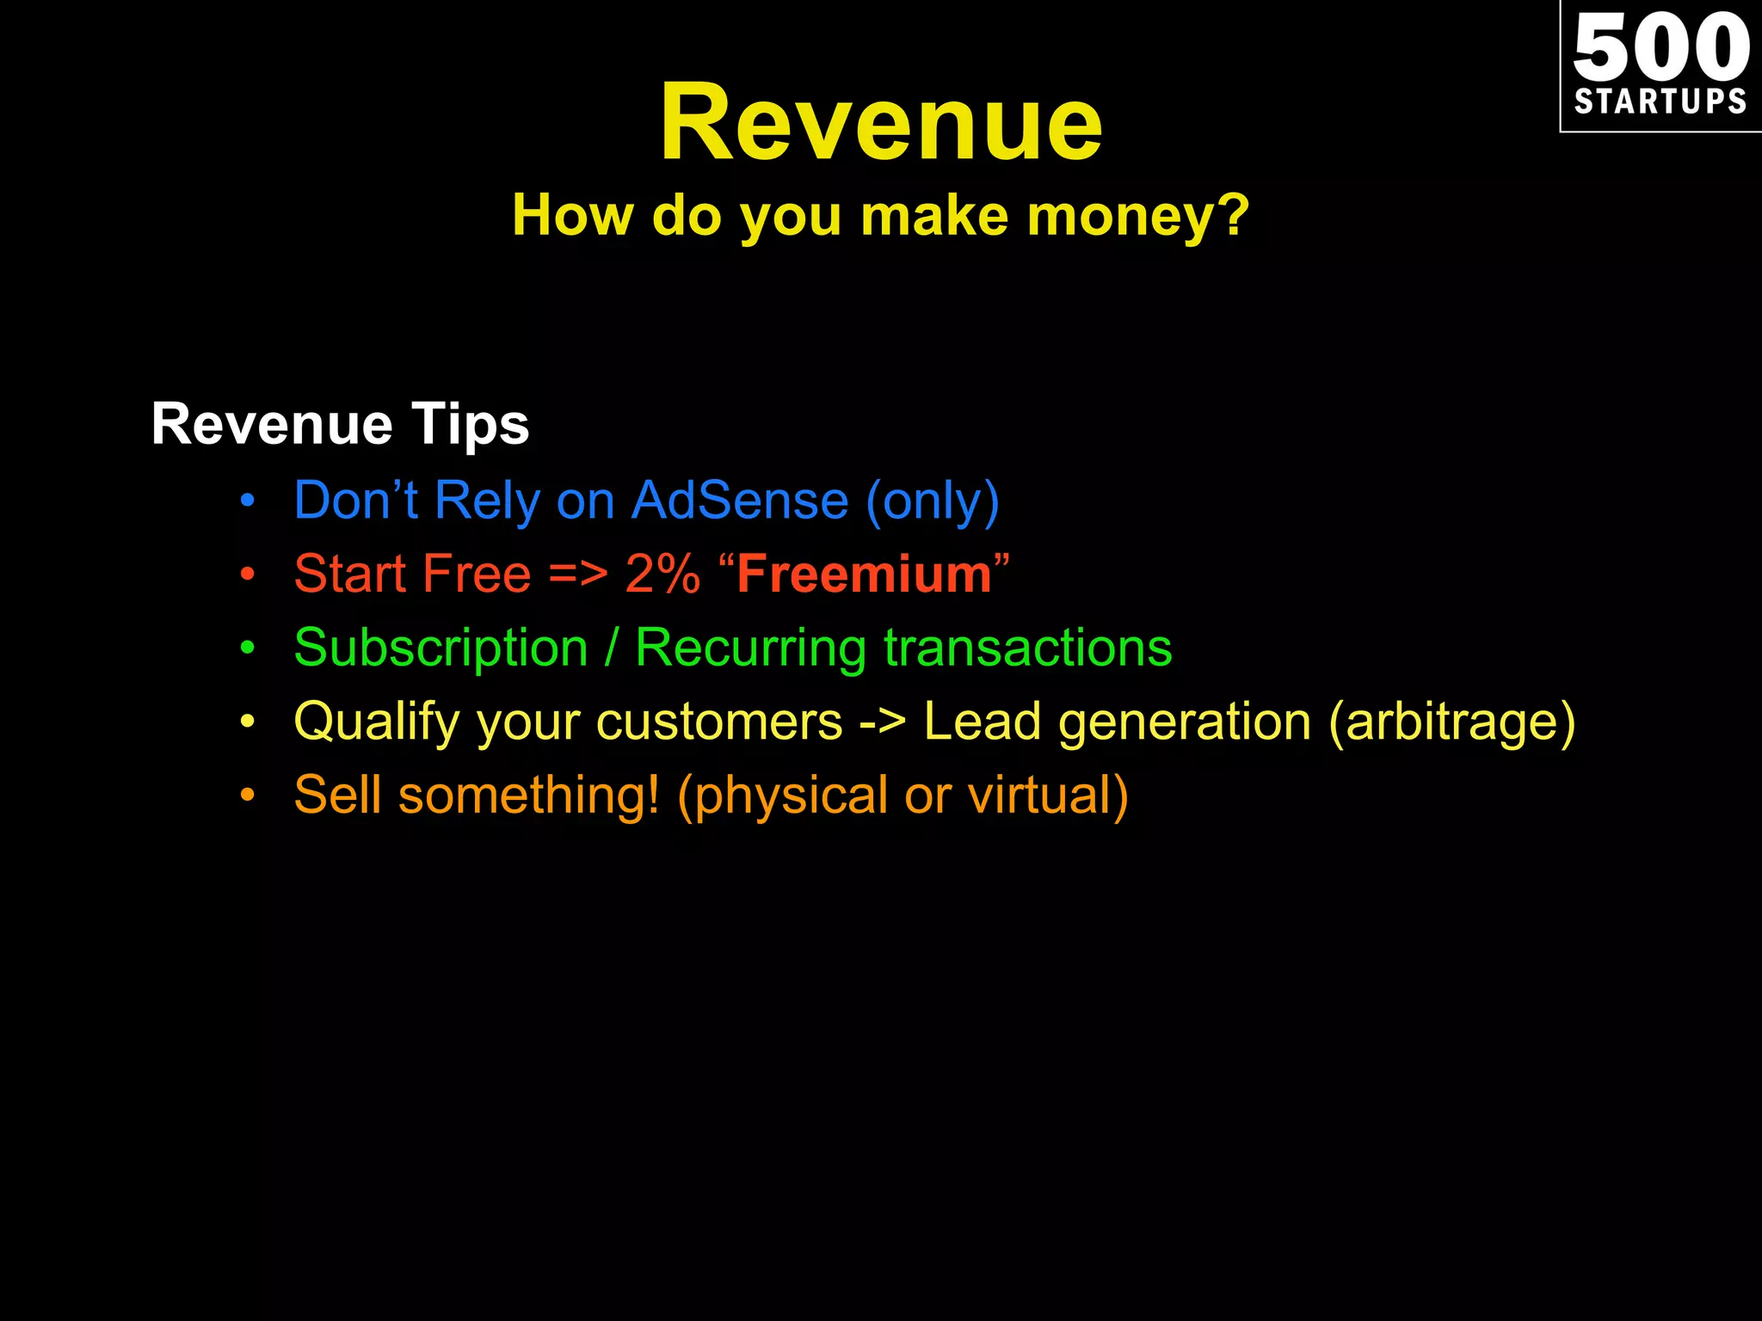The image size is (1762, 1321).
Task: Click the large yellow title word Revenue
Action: [880, 122]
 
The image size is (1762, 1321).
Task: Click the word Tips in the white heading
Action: [470, 425]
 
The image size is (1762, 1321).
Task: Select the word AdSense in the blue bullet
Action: [740, 501]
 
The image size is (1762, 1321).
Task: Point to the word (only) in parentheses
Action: [933, 501]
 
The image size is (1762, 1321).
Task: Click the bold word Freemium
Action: [864, 574]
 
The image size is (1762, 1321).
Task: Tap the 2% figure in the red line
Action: [662, 574]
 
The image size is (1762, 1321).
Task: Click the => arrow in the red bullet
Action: [578, 574]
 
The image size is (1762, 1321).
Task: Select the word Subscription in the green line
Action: [440, 648]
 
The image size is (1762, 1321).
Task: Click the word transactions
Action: [1027, 648]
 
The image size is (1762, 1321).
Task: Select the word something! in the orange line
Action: [529, 796]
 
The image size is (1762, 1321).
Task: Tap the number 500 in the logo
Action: [1660, 48]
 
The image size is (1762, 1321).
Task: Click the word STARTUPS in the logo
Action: [1660, 101]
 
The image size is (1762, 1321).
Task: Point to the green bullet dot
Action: [248, 648]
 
